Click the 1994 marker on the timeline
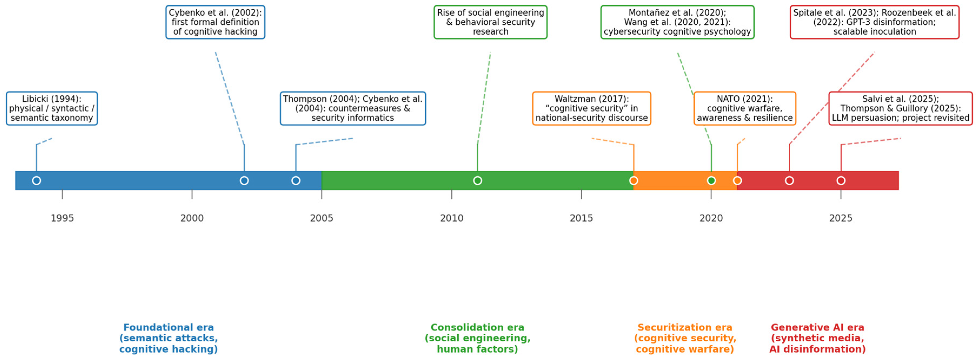tap(36, 180)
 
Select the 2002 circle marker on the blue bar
tap(244, 180)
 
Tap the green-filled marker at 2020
tap(711, 180)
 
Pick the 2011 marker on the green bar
tap(477, 180)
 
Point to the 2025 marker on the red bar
tap(841, 180)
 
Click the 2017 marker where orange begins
tap(634, 180)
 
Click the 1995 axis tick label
tap(62, 218)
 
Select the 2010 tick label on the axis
tap(452, 218)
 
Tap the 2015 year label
tap(581, 218)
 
